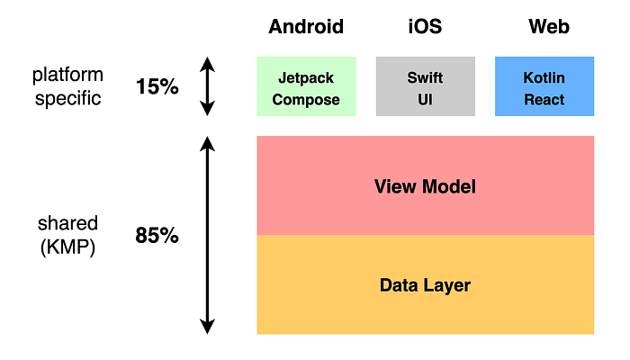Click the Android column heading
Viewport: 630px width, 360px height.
click(306, 27)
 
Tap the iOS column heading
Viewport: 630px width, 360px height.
click(425, 27)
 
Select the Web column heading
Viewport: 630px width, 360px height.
click(549, 27)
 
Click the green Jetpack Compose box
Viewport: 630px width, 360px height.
click(306, 86)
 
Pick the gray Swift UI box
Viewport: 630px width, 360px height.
click(425, 86)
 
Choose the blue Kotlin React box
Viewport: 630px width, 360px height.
click(544, 86)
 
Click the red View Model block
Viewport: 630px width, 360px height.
click(425, 186)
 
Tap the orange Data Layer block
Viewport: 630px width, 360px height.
click(425, 285)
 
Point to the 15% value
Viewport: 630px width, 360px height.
click(157, 87)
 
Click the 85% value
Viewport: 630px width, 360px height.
click(157, 237)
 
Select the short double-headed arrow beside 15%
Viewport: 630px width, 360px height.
click(208, 86)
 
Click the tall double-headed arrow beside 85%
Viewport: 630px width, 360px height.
click(208, 236)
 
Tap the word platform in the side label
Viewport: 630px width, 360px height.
click(68, 76)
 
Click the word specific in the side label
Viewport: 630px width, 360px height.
click(68, 98)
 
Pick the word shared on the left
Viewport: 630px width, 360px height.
click(68, 223)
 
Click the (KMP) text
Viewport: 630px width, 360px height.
click(68, 247)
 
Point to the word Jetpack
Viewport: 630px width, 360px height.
click(306, 78)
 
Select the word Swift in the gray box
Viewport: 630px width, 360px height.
click(425, 78)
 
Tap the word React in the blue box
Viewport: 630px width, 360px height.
click(544, 99)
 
